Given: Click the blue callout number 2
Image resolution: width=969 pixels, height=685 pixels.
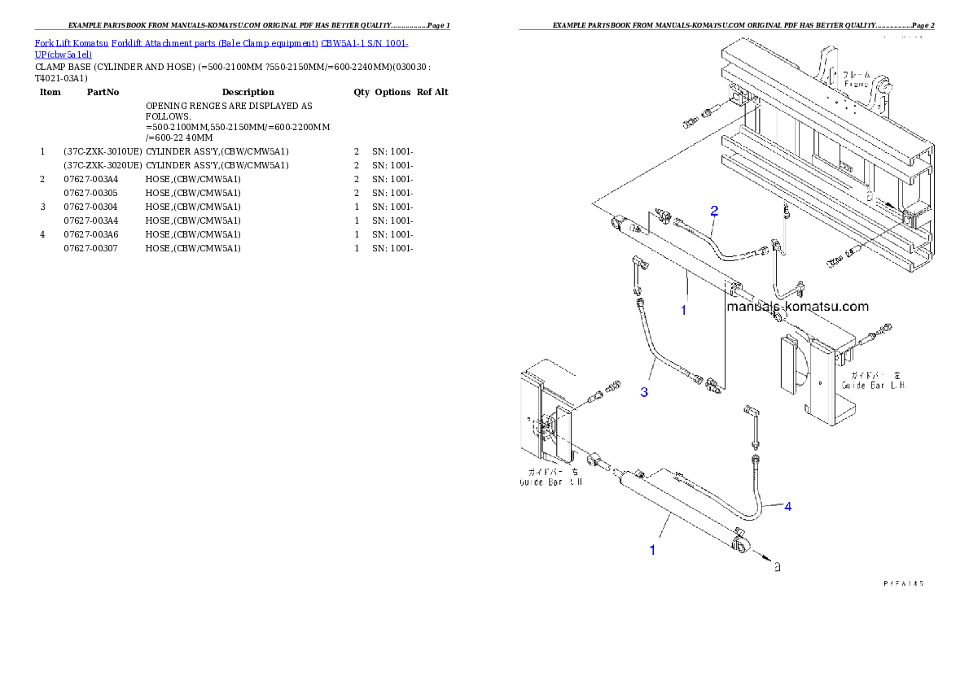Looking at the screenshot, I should point(714,211).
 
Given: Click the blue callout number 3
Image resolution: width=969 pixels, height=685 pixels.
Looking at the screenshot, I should point(644,392).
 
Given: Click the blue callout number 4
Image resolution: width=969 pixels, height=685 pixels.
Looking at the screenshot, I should point(787,506).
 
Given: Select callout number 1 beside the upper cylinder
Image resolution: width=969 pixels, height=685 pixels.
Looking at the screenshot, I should point(684,310).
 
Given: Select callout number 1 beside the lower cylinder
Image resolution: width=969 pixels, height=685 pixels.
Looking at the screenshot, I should point(652,550).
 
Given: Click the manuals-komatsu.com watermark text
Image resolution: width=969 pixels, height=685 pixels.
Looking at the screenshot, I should point(797,307).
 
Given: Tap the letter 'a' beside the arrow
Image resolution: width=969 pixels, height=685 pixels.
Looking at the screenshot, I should point(778,566).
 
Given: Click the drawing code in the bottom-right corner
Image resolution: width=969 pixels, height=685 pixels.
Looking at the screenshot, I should point(904,583).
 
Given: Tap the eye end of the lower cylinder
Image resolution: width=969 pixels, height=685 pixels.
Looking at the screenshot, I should point(743,547).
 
